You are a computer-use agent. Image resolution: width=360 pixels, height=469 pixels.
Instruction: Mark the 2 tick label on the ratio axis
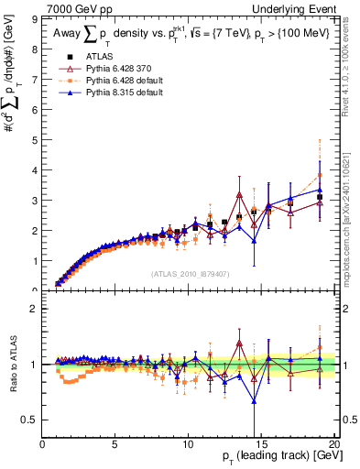[x=36, y=309]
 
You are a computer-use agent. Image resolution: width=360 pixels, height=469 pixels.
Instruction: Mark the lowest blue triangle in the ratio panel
[x=254, y=401]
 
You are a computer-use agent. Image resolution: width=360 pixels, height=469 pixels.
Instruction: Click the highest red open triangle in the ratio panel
[x=239, y=344]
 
